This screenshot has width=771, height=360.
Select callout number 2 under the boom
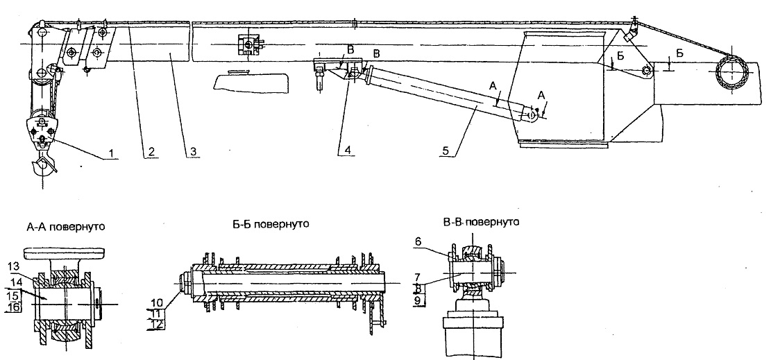(x=151, y=153)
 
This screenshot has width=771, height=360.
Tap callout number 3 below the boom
(x=194, y=153)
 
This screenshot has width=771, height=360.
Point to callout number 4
(x=348, y=150)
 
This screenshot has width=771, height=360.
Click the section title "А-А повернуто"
(x=67, y=228)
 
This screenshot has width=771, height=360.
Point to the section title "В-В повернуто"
(x=481, y=222)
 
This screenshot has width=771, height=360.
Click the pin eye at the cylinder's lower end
(x=532, y=115)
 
